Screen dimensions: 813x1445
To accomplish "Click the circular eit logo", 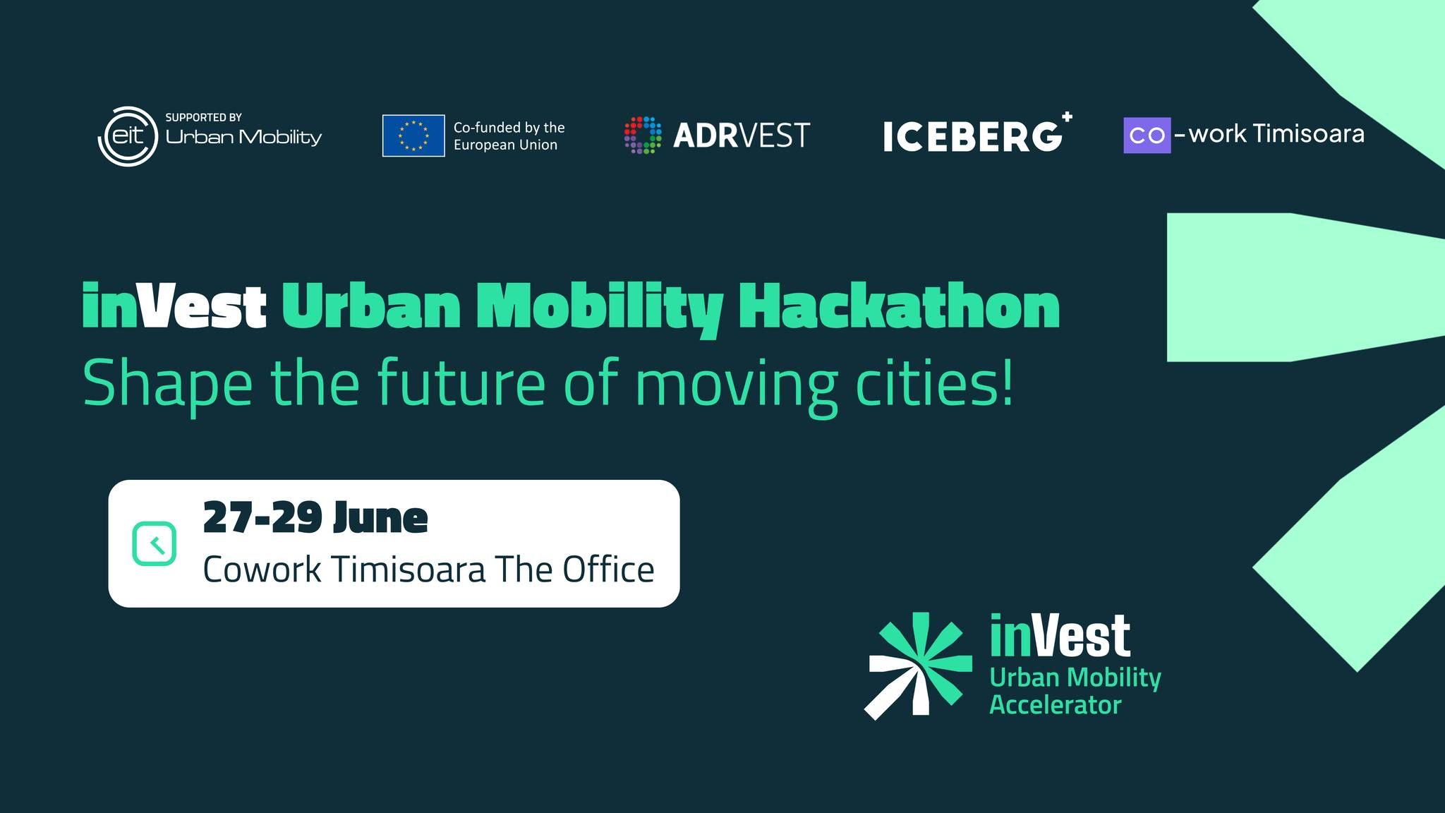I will click(128, 136).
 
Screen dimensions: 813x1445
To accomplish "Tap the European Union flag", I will click(413, 135).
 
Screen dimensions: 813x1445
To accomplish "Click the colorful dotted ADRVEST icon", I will click(643, 135).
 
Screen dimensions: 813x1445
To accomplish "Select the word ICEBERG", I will click(972, 137).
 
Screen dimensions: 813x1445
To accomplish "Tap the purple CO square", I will click(1147, 135).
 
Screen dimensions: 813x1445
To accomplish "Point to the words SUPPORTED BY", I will click(203, 117).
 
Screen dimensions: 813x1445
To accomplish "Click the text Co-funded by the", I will click(509, 127).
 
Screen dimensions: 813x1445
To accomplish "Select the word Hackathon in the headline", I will click(898, 307).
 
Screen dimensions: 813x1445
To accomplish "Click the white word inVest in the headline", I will click(174, 307).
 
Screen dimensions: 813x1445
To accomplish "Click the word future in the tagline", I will click(461, 383).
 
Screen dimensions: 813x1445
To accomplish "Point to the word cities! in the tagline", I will click(934, 383).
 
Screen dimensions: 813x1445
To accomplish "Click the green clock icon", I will click(155, 543).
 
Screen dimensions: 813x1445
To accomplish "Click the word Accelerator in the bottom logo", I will click(1055, 705).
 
